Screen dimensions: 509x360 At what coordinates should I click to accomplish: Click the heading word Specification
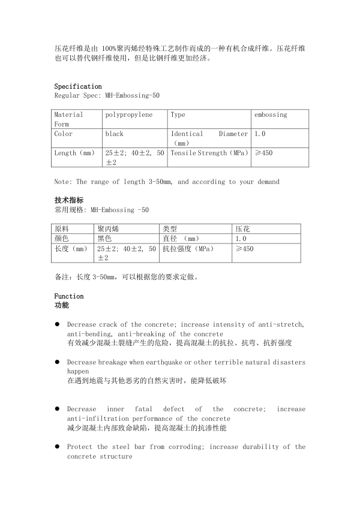pyautogui.click(x=78, y=86)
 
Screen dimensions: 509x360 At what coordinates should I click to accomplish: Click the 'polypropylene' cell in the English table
pyautogui.click(x=128, y=115)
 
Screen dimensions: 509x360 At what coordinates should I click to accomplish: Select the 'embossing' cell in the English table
pyautogui.click(x=271, y=115)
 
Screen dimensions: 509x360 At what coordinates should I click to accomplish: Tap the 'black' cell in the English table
pyautogui.click(x=115, y=134)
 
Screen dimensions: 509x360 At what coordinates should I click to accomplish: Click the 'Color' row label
pyautogui.click(x=64, y=134)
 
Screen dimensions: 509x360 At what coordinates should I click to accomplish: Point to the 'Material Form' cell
pyautogui.click(x=69, y=119)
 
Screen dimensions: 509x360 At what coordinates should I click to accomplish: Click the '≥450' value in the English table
pyautogui.click(x=263, y=153)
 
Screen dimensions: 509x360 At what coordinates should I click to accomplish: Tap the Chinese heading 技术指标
pyautogui.click(x=69, y=200)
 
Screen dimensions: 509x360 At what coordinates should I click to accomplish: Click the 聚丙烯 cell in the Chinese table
pyautogui.click(x=109, y=229)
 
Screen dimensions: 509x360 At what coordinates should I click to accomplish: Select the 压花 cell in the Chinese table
pyautogui.click(x=242, y=229)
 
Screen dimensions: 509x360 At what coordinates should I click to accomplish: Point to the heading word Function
pyautogui.click(x=69, y=296)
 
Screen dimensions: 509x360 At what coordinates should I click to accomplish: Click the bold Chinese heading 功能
pyautogui.click(x=62, y=305)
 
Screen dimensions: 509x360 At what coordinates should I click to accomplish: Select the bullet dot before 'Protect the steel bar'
pyautogui.click(x=57, y=447)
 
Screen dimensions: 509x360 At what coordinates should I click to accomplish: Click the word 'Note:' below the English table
pyautogui.click(x=63, y=182)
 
